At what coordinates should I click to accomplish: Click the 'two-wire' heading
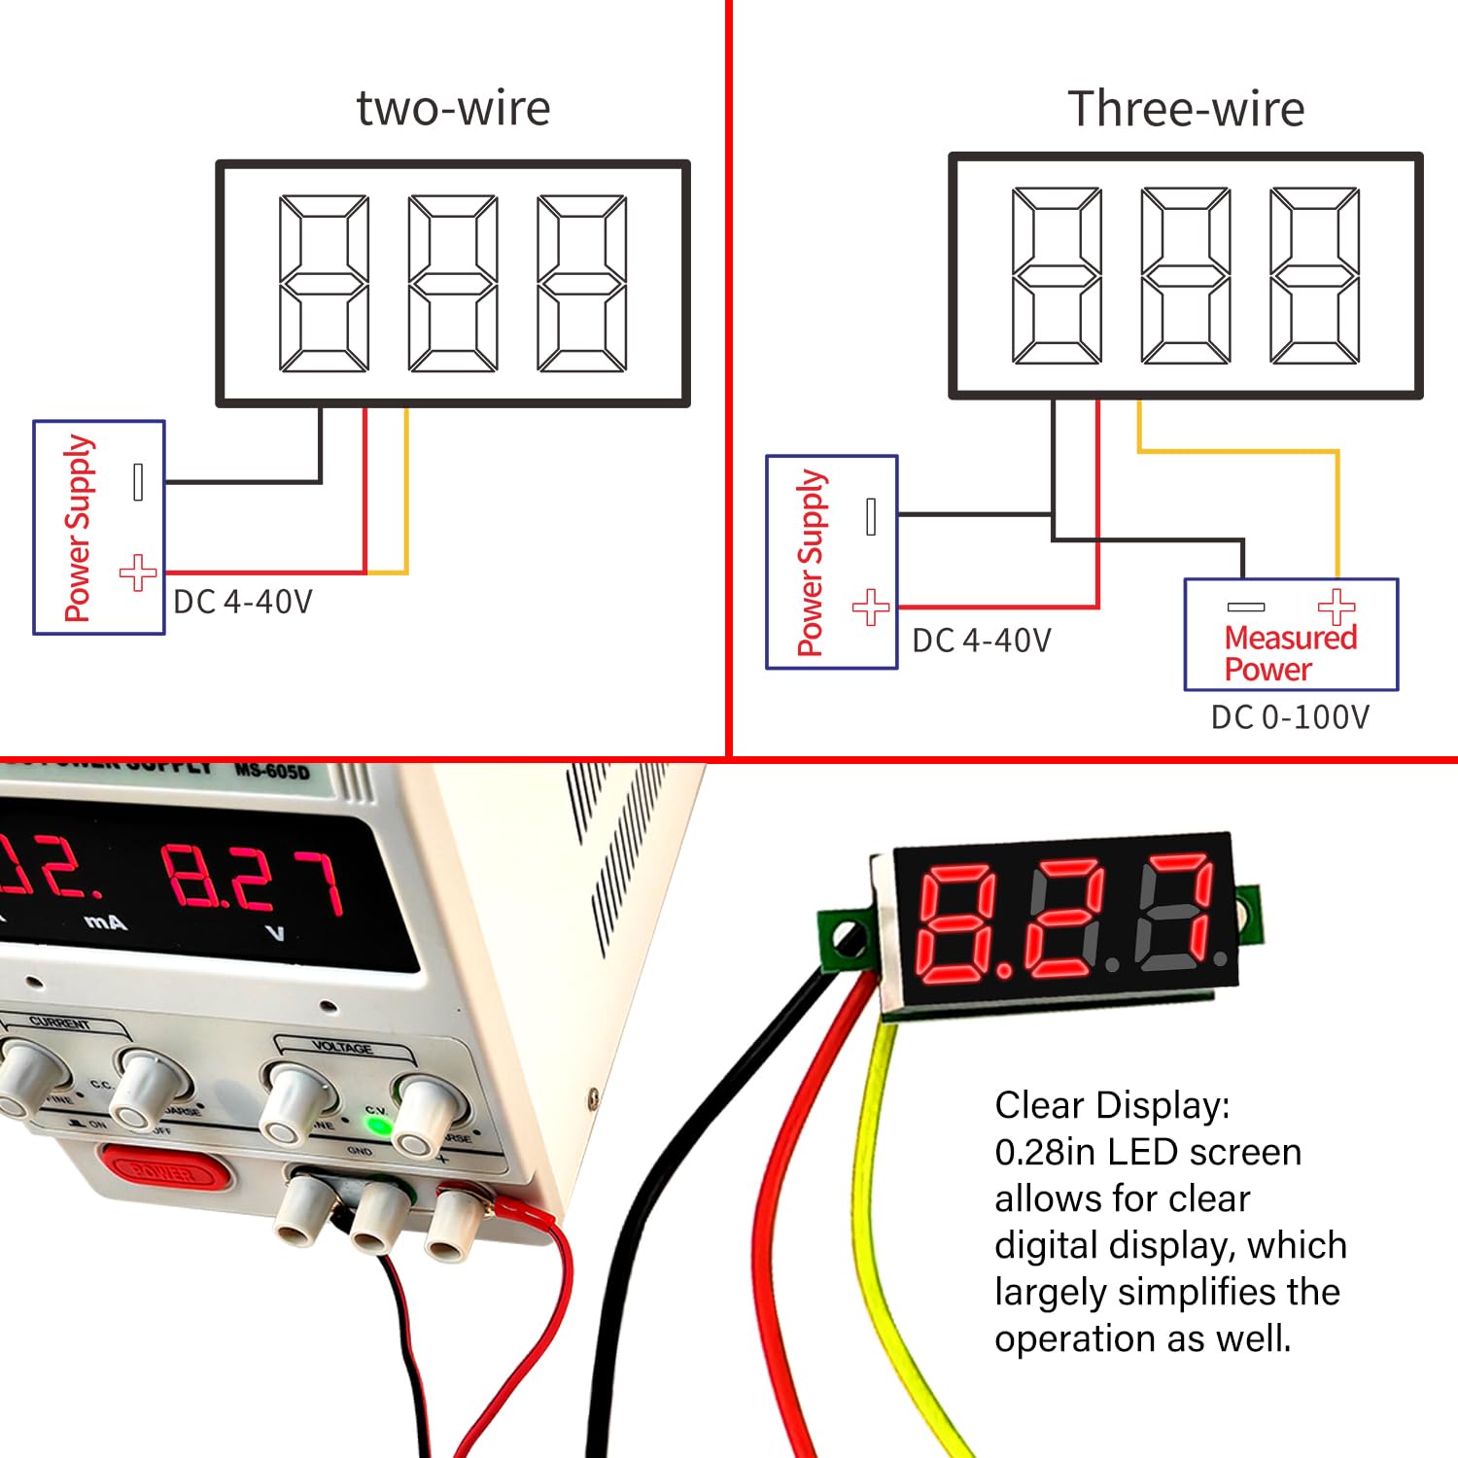[x=453, y=108]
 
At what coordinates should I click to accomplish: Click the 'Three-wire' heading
[x=1185, y=109]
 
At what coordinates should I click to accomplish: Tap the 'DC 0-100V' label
[x=1290, y=717]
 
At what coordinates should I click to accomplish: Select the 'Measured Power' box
[x=1291, y=636]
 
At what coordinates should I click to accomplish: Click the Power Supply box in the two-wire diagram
[x=98, y=528]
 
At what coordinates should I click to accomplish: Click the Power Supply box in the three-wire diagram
[x=831, y=562]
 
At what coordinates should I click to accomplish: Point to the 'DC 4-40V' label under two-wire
[x=243, y=603]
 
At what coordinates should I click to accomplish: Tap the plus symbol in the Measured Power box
[x=1336, y=607]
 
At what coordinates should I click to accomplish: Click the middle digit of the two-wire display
[x=453, y=284]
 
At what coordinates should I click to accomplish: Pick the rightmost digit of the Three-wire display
[x=1314, y=276]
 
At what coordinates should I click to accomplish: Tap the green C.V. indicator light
[x=377, y=1127]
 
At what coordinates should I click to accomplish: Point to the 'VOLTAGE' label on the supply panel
[x=342, y=1047]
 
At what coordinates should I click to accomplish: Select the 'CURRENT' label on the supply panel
[x=59, y=1023]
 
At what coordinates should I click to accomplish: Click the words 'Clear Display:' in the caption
[x=1112, y=1105]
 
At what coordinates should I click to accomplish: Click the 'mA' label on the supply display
[x=105, y=920]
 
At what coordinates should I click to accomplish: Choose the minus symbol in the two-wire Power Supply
[x=138, y=482]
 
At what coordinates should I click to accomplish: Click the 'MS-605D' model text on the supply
[x=272, y=771]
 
